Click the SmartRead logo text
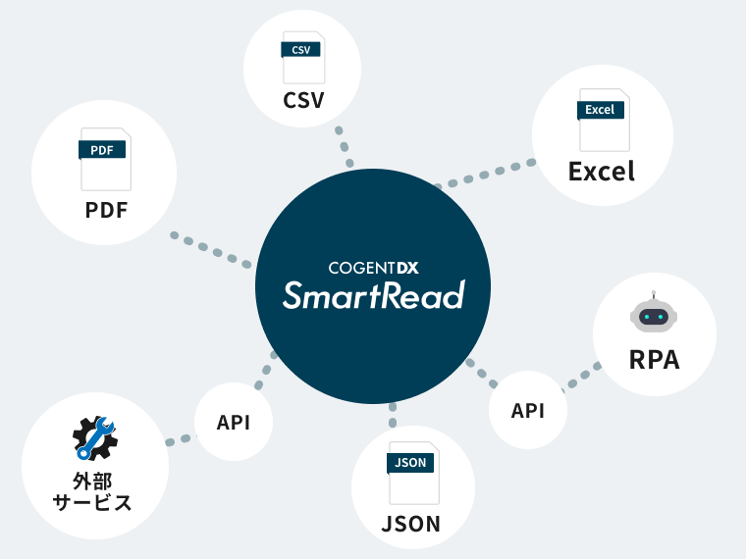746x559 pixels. (x=373, y=294)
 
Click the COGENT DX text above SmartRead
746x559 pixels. (x=373, y=265)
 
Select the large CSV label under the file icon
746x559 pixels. (x=303, y=100)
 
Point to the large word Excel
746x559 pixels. (x=602, y=172)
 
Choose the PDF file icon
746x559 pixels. (x=105, y=158)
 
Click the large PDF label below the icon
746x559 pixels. (x=105, y=210)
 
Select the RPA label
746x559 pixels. (x=654, y=359)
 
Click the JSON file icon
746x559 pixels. (x=411, y=473)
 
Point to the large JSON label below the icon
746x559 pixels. (x=411, y=523)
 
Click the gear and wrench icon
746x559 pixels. (x=95, y=438)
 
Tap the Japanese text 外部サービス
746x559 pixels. (x=95, y=492)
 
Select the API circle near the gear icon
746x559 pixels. (x=234, y=422)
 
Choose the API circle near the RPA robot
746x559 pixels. (x=528, y=410)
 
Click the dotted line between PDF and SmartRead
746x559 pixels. (x=210, y=250)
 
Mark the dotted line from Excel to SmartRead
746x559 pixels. (x=486, y=175)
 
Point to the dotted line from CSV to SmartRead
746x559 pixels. (x=345, y=147)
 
